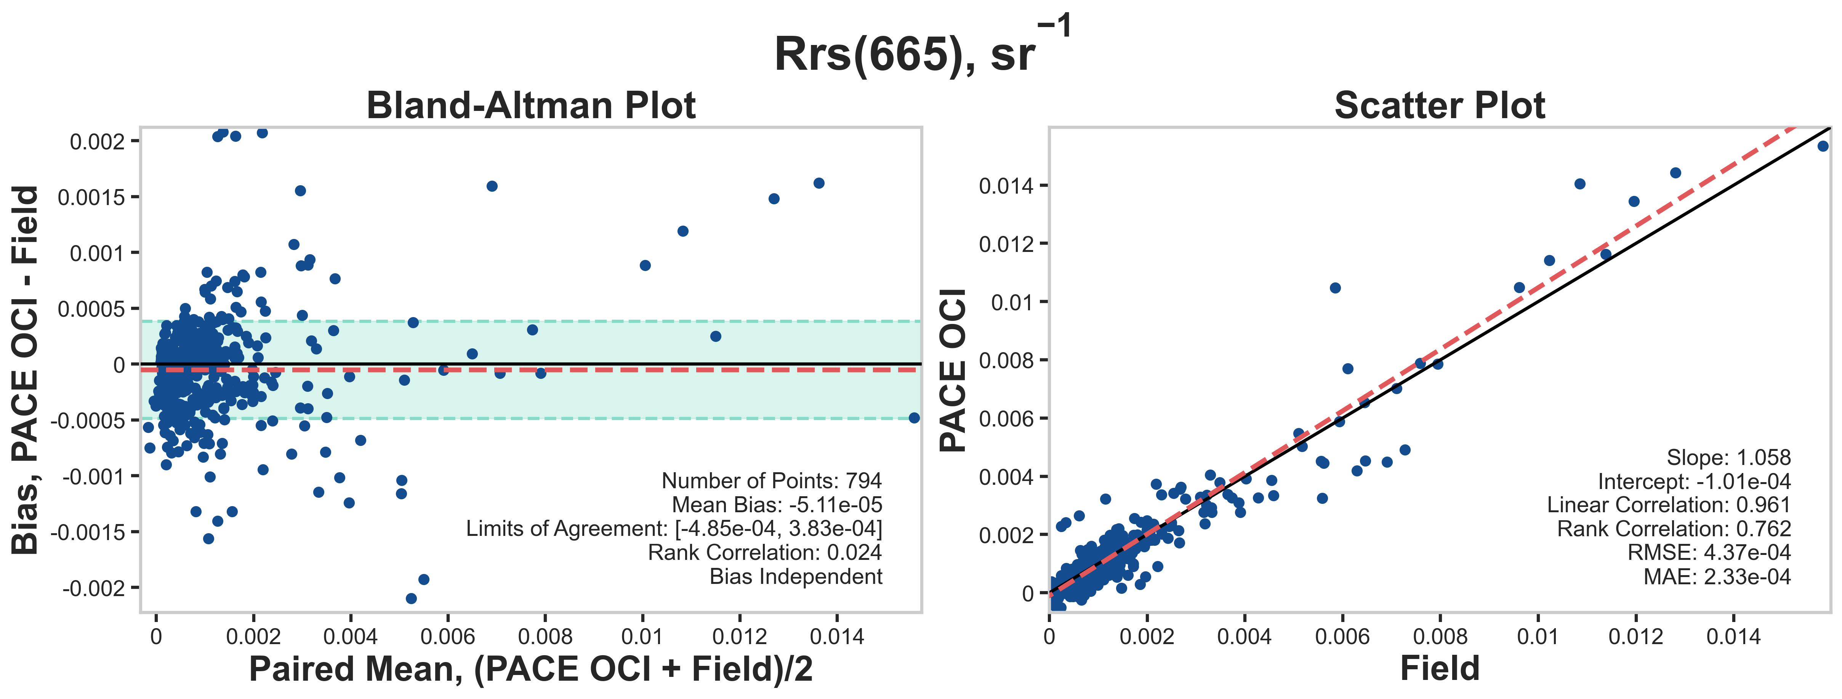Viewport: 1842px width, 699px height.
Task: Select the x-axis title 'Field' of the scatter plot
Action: [x=1440, y=668]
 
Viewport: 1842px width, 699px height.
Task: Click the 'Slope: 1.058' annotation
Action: [x=1728, y=457]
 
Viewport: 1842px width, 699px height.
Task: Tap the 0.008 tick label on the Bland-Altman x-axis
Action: [x=545, y=636]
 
